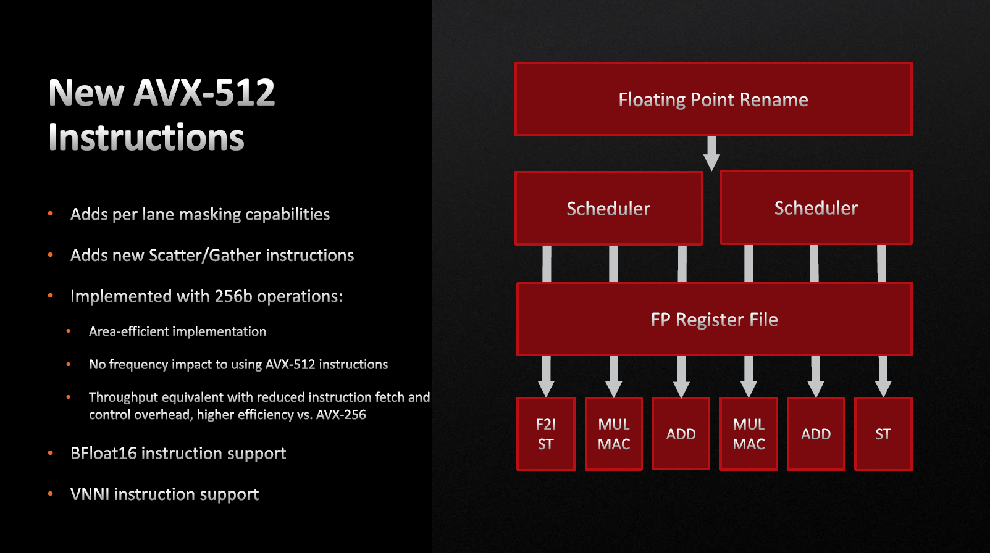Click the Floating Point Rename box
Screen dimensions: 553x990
pyautogui.click(x=713, y=99)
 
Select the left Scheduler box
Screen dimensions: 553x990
pyautogui.click(x=608, y=209)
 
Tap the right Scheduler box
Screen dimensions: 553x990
pyautogui.click(x=816, y=208)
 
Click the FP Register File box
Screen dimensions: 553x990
pyautogui.click(x=714, y=320)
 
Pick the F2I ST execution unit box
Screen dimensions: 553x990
pyautogui.click(x=546, y=434)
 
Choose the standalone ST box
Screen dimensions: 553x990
pyautogui.click(x=883, y=434)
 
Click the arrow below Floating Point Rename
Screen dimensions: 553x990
pyautogui.click(x=711, y=153)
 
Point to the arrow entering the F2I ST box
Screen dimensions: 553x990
pyautogui.click(x=546, y=376)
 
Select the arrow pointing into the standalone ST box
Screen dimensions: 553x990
pyautogui.click(x=883, y=376)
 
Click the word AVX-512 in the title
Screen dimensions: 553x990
pyautogui.click(x=204, y=93)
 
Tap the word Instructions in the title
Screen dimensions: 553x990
pyautogui.click(x=146, y=138)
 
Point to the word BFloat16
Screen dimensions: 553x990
pyautogui.click(x=103, y=454)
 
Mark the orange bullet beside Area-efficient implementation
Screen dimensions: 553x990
pyautogui.click(x=69, y=331)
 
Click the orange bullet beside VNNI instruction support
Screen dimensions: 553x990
pyautogui.click(x=51, y=494)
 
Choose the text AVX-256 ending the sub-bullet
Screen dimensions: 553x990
pyautogui.click(x=341, y=415)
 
